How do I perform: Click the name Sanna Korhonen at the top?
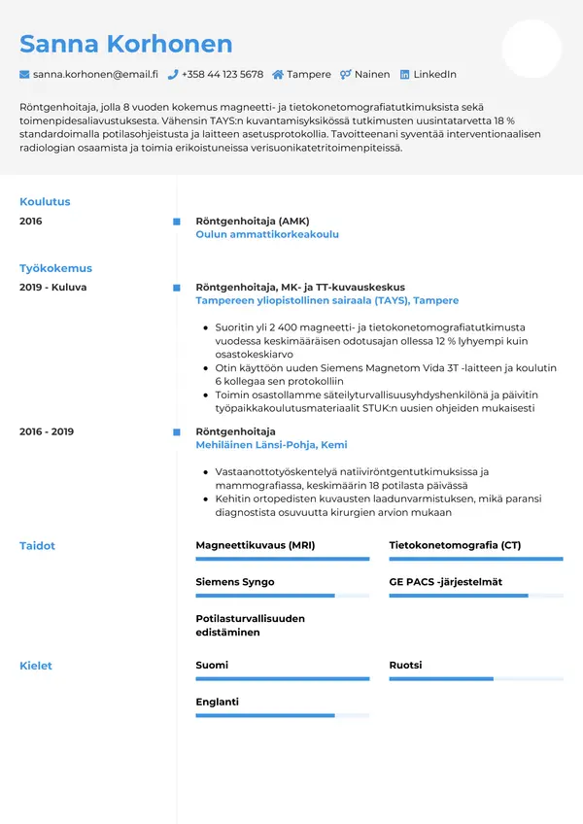pos(126,44)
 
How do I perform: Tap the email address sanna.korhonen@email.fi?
pos(95,74)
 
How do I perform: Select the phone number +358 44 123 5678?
pos(223,74)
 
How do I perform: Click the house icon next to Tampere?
pos(278,74)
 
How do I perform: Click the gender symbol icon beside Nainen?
pos(345,74)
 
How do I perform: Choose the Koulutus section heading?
pos(45,202)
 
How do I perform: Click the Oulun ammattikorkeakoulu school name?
pos(267,234)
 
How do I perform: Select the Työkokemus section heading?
pos(55,268)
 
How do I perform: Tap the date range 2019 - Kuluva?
pos(52,288)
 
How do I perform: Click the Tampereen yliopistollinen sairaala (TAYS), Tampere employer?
pos(326,301)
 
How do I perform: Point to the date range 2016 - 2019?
pos(47,431)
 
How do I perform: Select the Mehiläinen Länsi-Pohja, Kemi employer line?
pos(271,445)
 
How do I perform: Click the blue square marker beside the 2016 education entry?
pos(176,222)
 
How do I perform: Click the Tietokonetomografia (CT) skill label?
pos(455,545)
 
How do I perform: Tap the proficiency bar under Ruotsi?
pos(476,678)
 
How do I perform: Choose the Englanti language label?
pos(217,702)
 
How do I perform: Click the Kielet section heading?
pos(36,666)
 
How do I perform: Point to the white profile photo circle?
pos(532,49)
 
